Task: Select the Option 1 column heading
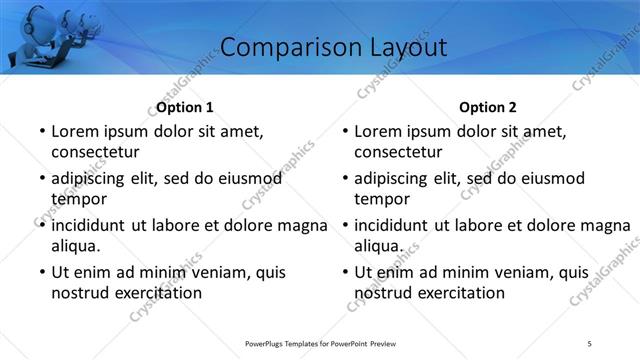(x=185, y=107)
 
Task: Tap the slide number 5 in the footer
(x=590, y=343)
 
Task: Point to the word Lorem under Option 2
(x=378, y=131)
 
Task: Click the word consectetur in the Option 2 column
(x=398, y=152)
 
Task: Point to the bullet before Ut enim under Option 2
(x=344, y=272)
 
